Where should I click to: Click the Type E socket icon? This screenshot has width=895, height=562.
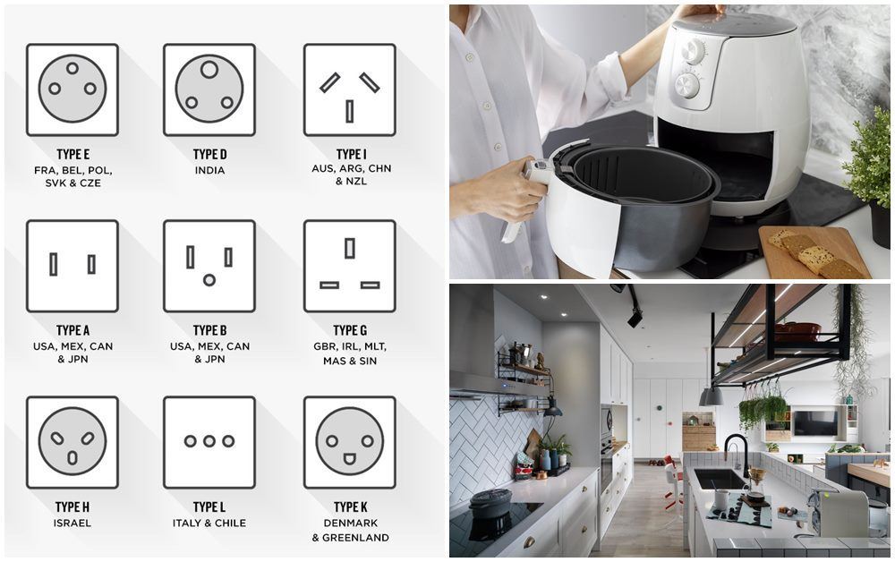tap(72, 89)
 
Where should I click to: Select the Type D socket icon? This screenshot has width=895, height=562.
tap(209, 89)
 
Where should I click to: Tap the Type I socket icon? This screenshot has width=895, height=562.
tap(350, 89)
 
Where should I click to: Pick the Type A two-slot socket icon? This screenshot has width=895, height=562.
tap(72, 266)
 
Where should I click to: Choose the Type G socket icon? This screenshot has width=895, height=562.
tap(350, 266)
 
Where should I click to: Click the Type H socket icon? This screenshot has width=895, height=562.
tap(72, 442)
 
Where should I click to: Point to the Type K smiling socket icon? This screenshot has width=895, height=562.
tap(350, 442)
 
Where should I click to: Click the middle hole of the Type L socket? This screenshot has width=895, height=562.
tap(209, 441)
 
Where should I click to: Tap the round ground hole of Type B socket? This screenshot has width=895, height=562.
tap(209, 280)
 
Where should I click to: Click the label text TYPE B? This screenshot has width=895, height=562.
tap(209, 330)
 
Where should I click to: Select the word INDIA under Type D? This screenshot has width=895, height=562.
tap(209, 171)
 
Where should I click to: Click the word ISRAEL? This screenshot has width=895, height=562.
tap(72, 523)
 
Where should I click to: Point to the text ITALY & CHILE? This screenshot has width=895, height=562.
tap(209, 523)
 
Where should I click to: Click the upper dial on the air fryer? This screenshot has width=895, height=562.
tap(694, 51)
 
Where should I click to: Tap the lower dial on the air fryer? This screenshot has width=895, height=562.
tap(687, 86)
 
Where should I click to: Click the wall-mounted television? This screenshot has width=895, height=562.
tap(815, 422)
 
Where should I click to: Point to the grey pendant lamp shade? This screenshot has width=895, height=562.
tap(712, 396)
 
